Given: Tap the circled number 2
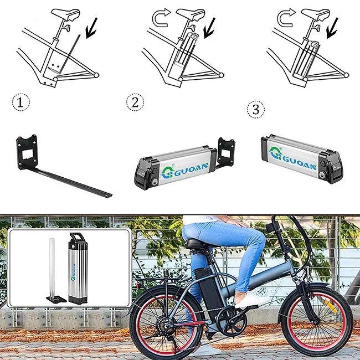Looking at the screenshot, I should (135, 102).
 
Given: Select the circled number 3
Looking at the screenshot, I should (255, 109).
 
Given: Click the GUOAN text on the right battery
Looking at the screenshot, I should (297, 164).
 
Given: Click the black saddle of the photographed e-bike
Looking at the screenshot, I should (197, 244).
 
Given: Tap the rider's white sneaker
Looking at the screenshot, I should (250, 299).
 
